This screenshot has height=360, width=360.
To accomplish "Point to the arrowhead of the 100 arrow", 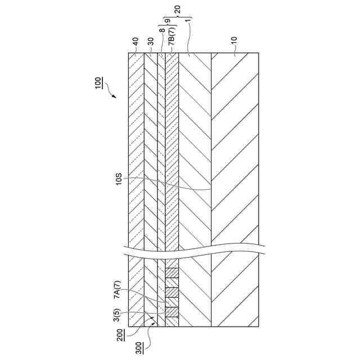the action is point(115,97).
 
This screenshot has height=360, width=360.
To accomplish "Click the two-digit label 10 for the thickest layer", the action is point(234,41).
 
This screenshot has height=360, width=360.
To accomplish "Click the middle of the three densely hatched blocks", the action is point(172,292).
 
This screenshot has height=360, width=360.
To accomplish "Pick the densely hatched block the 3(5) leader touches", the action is point(172,312).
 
